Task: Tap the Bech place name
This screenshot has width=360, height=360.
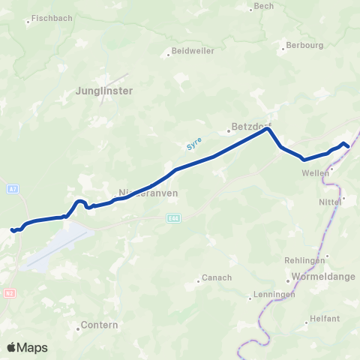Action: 264,6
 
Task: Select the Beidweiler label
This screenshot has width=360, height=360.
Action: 193,51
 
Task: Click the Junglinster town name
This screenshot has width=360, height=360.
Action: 104,91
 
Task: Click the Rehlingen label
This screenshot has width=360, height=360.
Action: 304,259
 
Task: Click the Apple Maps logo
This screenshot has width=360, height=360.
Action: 28,347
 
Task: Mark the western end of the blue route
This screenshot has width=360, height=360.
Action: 12,229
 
